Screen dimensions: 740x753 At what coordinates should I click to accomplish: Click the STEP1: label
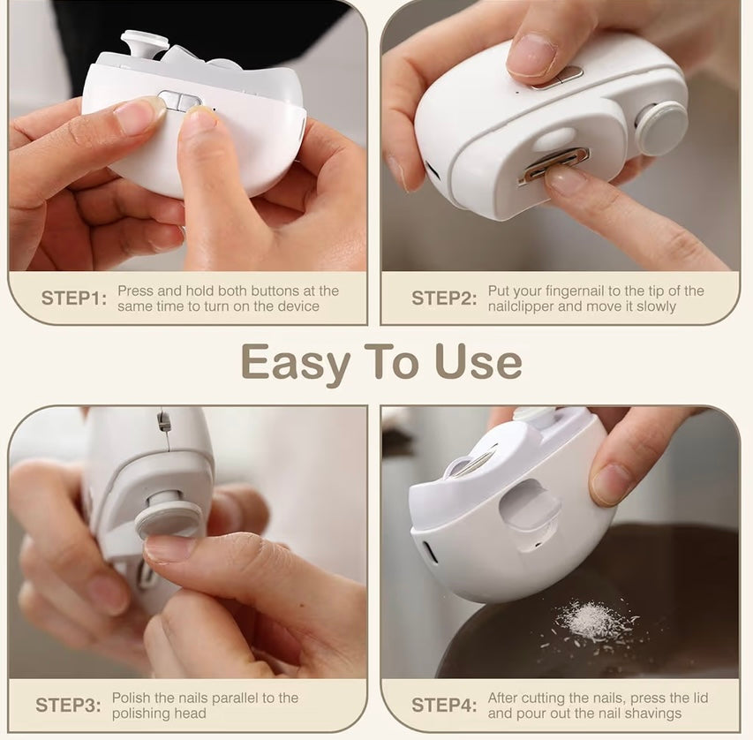tap(73, 298)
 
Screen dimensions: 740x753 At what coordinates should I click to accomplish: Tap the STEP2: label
tap(444, 298)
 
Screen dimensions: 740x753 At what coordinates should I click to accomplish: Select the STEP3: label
tap(68, 706)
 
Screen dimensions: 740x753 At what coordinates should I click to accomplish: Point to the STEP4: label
tap(444, 706)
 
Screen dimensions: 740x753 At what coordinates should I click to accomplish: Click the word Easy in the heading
tap(296, 363)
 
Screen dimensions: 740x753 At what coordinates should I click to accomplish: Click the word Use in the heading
tap(478, 361)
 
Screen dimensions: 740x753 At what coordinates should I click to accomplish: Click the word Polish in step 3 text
tap(132, 698)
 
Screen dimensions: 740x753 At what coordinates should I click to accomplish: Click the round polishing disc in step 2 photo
tap(661, 128)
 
